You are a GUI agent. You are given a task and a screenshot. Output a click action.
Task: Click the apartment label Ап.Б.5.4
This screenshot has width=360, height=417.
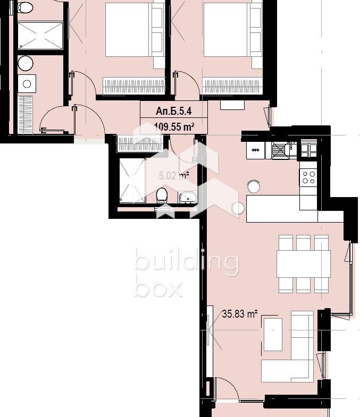tap(173, 111)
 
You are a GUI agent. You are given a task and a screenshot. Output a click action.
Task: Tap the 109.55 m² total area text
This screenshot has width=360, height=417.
tap(174, 127)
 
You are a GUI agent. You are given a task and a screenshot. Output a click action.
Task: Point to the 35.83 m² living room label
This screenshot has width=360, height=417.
tap(240, 314)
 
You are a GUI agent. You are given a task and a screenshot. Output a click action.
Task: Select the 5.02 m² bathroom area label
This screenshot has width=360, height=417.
tap(174, 176)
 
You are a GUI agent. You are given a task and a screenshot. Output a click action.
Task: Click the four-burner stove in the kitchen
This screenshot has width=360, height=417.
tap(308, 177)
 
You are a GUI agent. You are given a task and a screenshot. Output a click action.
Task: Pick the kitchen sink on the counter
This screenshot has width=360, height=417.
tap(280, 150)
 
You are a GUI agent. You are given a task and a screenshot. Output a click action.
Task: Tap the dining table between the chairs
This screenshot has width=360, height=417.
tap(304, 264)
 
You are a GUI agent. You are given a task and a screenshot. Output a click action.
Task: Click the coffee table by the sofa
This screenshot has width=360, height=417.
tap(273, 335)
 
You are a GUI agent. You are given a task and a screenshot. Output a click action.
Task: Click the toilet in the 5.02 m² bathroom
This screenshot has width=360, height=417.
tap(162, 194)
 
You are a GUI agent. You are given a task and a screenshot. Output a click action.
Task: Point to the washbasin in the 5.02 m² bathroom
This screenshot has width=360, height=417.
tap(188, 197)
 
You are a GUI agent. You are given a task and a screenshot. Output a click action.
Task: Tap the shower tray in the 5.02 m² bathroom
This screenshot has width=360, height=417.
tap(132, 181)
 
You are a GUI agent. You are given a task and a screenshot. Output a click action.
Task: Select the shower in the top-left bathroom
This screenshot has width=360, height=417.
tap(40, 36)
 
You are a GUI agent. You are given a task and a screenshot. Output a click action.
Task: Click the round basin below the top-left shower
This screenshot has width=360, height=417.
tap(26, 63)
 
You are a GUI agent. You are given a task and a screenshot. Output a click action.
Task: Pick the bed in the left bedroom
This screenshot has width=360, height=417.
tap(135, 29)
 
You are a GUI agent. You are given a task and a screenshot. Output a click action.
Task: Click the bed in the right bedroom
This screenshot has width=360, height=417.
tap(233, 29)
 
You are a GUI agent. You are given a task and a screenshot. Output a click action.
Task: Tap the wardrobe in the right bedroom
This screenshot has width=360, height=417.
tap(231, 86)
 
